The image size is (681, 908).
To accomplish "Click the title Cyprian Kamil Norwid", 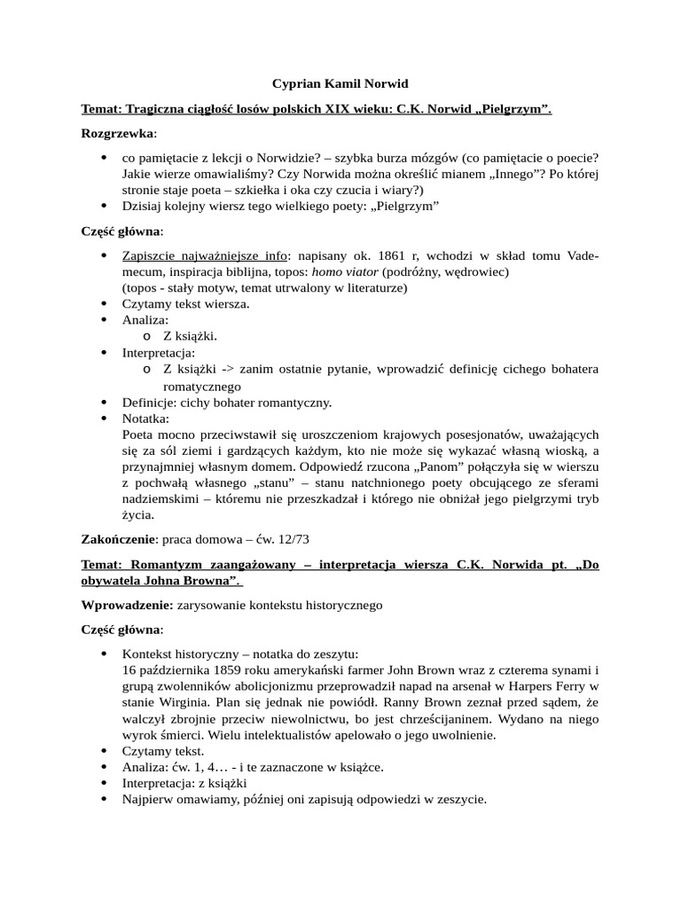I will pyautogui.click(x=340, y=84).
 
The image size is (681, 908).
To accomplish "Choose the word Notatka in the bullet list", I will pyautogui.click(x=145, y=419).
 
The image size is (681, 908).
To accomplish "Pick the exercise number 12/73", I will pyautogui.click(x=290, y=539).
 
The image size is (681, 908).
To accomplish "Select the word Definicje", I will pyautogui.click(x=150, y=403).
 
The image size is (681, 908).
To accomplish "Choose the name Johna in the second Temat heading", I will pyautogui.click(x=160, y=580).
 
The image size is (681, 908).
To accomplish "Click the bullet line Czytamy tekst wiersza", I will pyautogui.click(x=186, y=304).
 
